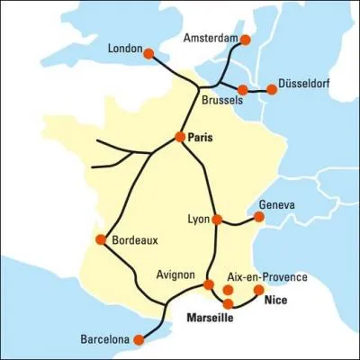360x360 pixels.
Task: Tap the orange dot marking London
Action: [x=149, y=53]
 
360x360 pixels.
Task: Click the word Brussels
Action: [x=221, y=102]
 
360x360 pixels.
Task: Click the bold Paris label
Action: [x=204, y=137]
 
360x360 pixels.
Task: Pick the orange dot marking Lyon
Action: [x=217, y=219]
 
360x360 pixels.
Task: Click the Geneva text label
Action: [x=275, y=204]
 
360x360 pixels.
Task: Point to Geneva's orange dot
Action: [x=259, y=216]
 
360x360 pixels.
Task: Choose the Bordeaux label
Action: [x=135, y=240]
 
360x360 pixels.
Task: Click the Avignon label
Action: [x=175, y=274]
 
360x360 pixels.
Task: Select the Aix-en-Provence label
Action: [x=267, y=277]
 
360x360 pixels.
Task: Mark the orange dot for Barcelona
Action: [x=139, y=340]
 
